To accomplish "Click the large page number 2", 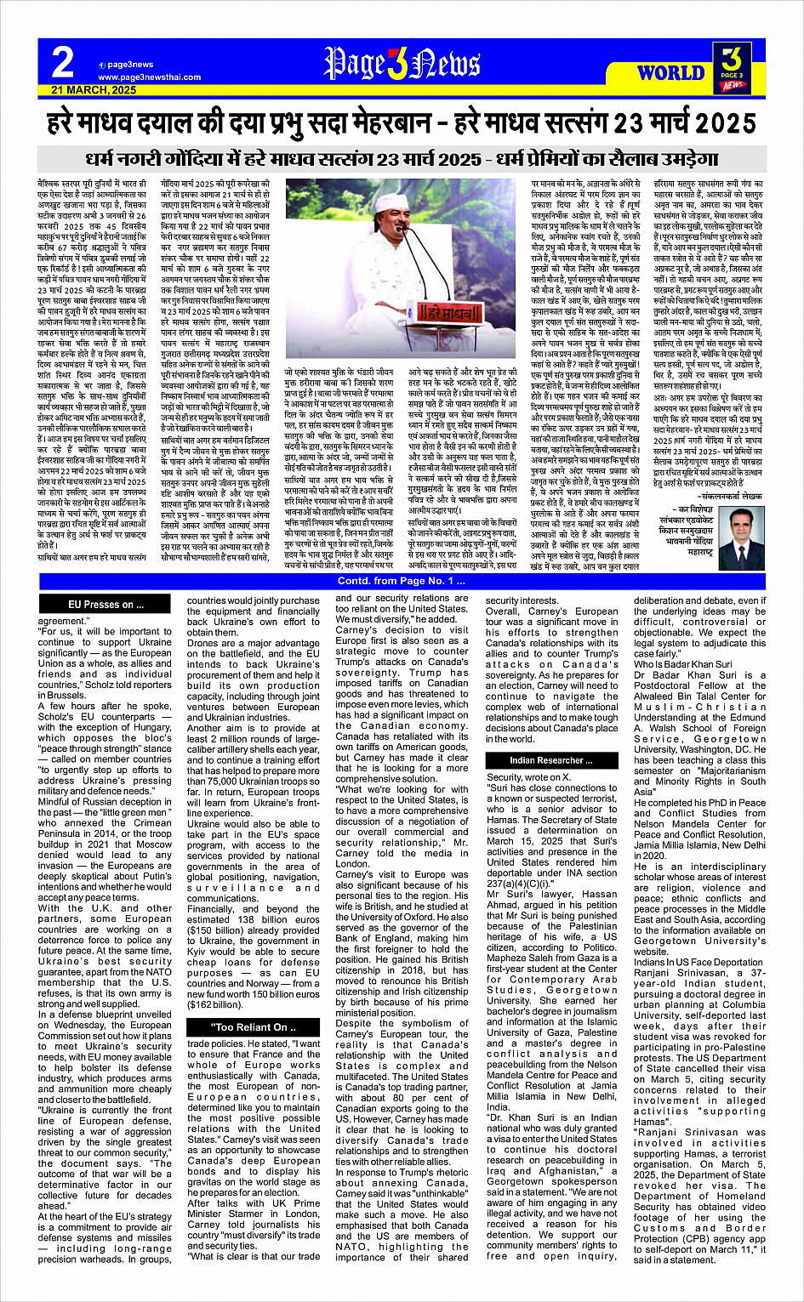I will (62, 61).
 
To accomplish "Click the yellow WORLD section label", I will (670, 72).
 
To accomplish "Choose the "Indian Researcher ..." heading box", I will (551, 760).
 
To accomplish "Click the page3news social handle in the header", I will (129, 65).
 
